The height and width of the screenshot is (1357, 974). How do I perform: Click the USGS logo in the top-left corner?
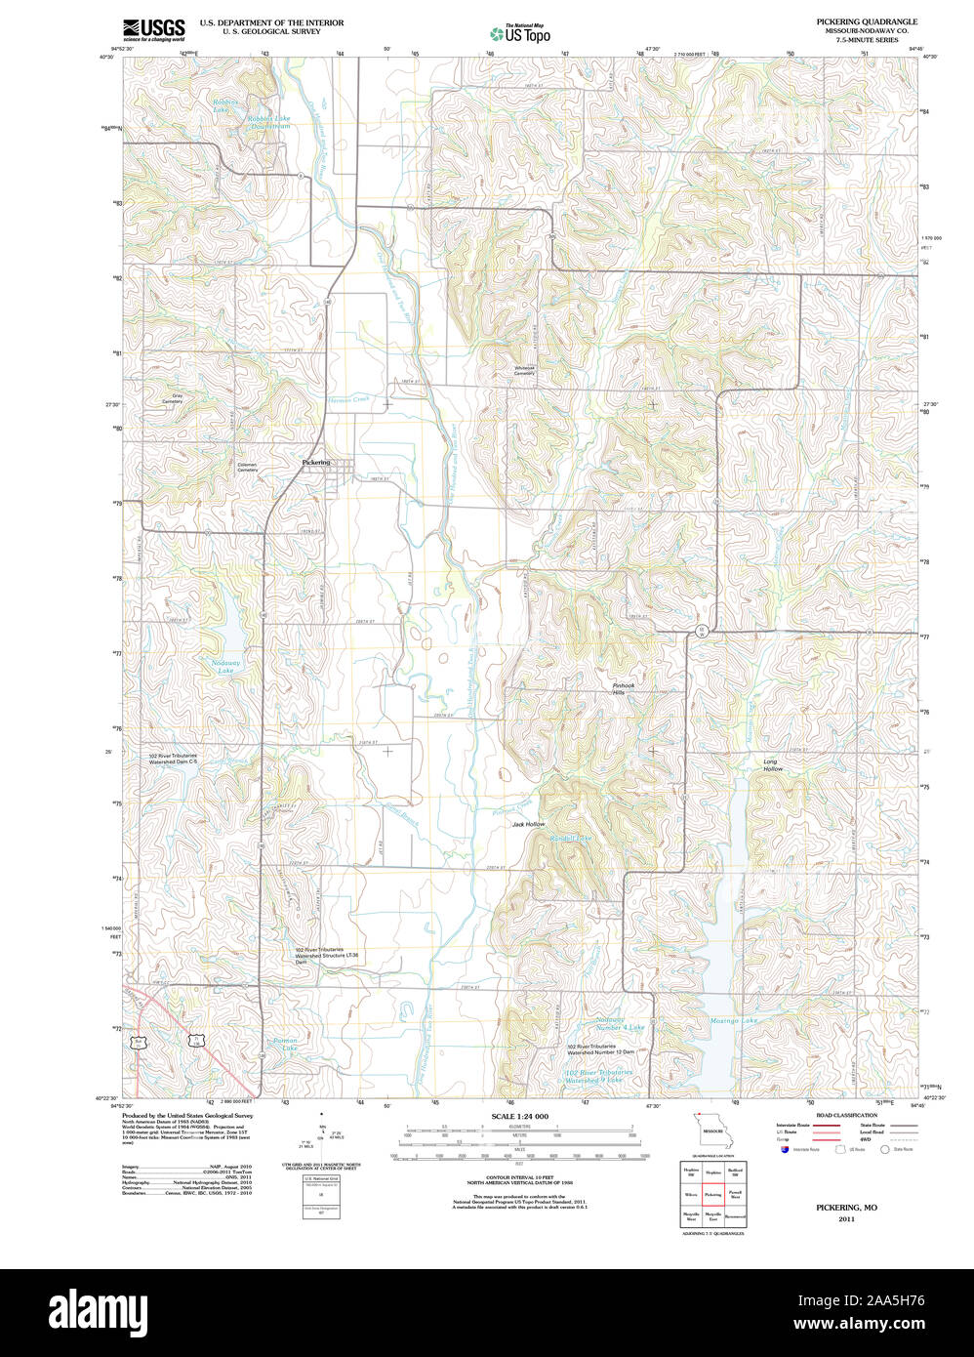[x=153, y=29]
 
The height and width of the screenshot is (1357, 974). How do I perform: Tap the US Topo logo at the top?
[x=519, y=33]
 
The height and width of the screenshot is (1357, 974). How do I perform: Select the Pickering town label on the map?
[x=316, y=462]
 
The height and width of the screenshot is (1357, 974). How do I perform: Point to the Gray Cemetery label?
[x=172, y=398]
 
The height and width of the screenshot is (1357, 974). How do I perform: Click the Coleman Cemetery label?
[x=248, y=467]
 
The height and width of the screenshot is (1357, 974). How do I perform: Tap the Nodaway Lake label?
[x=225, y=667]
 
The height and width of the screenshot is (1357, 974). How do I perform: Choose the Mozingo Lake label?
[x=734, y=1021]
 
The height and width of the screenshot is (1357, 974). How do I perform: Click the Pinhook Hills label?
[x=623, y=688]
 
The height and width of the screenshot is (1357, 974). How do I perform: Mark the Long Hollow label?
[x=772, y=765]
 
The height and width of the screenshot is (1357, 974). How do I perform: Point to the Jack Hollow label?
[x=528, y=824]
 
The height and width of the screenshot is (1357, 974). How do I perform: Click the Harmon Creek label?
[x=349, y=398]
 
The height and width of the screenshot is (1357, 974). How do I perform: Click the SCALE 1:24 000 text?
[x=519, y=1116]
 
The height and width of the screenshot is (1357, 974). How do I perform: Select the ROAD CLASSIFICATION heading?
[x=846, y=1115]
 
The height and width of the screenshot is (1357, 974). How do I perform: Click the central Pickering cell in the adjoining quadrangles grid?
[x=712, y=1193]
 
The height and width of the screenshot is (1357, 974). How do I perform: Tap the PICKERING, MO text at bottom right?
[x=846, y=1207]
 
